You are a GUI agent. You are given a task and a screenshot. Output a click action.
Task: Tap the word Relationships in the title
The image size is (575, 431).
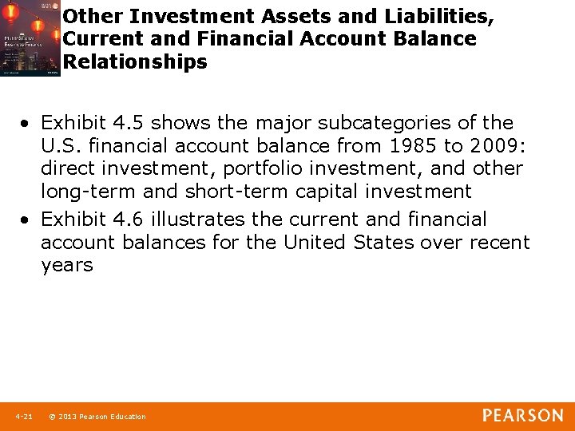(x=135, y=61)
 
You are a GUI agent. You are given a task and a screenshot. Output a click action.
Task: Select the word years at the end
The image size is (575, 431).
(x=67, y=265)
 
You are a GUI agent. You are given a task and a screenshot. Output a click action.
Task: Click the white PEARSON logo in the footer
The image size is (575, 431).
(x=522, y=415)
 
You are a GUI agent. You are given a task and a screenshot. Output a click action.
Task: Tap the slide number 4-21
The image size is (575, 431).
(x=24, y=417)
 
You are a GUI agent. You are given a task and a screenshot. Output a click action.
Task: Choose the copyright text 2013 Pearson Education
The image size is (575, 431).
(x=102, y=417)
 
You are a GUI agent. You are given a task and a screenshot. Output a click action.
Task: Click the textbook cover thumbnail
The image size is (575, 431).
(x=30, y=38)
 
